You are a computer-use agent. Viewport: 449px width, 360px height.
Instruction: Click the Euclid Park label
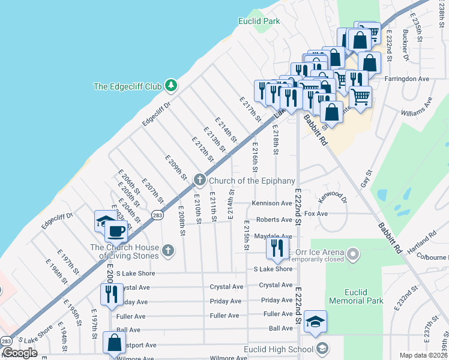(x=259, y=21)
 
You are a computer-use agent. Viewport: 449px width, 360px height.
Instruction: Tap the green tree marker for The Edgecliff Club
(x=171, y=86)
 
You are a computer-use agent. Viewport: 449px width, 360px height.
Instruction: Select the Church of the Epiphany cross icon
(x=199, y=181)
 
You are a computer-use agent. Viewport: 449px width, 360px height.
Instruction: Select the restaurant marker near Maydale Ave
(x=277, y=247)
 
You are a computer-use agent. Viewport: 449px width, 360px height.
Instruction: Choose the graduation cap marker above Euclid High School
(x=315, y=322)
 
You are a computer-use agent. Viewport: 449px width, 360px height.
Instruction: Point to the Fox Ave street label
(x=316, y=214)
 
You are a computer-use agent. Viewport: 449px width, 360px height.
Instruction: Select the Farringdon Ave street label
(x=408, y=79)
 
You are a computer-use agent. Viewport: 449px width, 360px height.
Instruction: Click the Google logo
(x=19, y=353)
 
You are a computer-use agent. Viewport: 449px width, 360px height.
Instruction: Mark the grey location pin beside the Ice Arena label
(x=353, y=255)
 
